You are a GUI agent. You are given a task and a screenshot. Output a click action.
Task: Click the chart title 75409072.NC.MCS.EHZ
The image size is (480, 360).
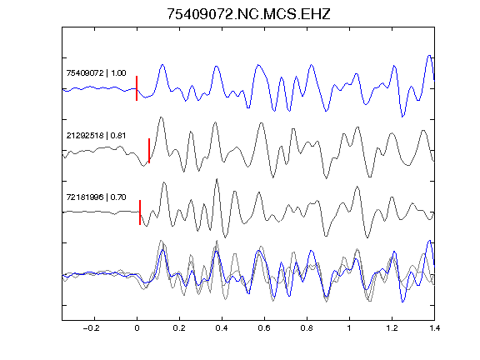coord(248,14)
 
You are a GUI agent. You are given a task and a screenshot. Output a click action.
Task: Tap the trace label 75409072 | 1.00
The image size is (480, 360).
coord(96,73)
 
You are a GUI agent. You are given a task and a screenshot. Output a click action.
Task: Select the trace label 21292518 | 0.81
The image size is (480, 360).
coord(96,136)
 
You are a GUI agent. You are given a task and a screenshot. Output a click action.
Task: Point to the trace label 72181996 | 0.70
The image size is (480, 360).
coord(96,197)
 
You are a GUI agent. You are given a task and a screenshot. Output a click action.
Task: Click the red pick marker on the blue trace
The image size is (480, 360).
coord(137,88)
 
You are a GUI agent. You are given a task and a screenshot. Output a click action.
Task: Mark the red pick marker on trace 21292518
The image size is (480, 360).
coord(149,151)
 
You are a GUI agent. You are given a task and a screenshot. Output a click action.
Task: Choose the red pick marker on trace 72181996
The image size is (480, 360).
coord(140,212)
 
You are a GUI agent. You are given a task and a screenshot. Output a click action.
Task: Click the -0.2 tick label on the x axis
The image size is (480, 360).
coord(92,328)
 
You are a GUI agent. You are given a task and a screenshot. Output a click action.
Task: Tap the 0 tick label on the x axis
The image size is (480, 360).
coord(137,328)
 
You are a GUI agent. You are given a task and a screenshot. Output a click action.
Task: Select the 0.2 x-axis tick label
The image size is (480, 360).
coord(179,328)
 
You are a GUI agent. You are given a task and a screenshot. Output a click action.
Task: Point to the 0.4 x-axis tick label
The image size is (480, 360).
coord(222,328)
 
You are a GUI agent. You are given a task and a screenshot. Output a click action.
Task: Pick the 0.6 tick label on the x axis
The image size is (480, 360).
coord(264,328)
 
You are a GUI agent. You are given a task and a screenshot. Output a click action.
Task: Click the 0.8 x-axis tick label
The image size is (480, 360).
coord(307,328)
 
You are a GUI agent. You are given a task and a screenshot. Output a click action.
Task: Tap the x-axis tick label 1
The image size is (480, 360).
coord(349,328)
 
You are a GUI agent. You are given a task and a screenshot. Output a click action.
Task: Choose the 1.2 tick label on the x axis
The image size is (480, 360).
coord(392,328)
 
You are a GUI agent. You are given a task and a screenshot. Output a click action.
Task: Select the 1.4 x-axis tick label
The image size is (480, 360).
coord(434,328)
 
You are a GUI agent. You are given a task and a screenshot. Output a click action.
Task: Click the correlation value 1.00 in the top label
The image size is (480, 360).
coord(118,73)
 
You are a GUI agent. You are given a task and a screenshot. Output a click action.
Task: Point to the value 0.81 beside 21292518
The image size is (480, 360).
coord(118,136)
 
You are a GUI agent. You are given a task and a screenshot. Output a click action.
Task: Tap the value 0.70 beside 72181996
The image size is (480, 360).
coord(118,197)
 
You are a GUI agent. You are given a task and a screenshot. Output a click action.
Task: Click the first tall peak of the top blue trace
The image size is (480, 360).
coord(162,65)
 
